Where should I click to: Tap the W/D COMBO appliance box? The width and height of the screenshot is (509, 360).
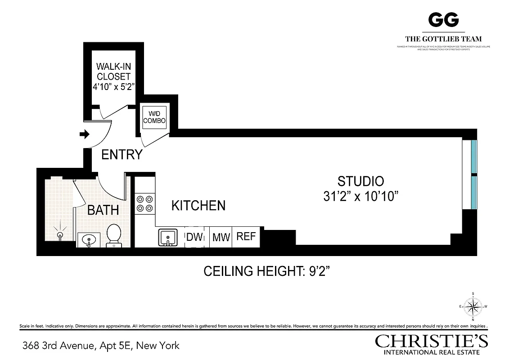(x=154, y=117)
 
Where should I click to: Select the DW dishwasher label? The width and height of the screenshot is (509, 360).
(x=194, y=237)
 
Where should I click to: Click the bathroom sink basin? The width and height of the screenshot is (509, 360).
(x=89, y=239)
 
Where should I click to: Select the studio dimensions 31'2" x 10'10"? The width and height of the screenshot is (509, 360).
(x=361, y=197)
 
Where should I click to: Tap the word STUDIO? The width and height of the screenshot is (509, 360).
(x=360, y=181)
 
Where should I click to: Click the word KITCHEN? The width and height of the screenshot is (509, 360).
(x=198, y=206)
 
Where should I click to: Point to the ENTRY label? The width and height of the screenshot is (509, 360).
(x=122, y=155)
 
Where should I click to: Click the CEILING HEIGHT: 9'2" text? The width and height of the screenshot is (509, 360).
(x=268, y=272)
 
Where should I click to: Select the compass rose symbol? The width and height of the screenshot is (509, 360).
(x=473, y=307)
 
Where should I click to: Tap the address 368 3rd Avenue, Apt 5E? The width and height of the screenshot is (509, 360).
(x=101, y=346)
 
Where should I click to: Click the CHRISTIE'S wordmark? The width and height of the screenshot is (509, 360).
(x=432, y=341)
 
